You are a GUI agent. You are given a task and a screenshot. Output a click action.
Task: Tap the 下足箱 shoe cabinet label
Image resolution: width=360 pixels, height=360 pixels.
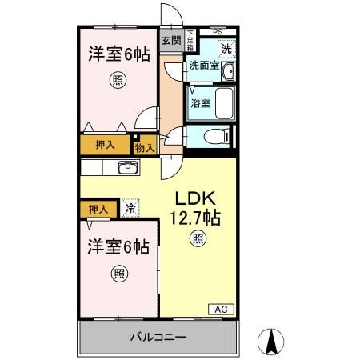coord(190,39)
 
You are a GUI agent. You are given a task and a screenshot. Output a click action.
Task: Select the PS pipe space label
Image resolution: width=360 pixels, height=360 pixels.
coord(218,31)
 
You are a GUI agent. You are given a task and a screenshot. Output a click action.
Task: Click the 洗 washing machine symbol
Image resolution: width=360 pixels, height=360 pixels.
coord(226,48)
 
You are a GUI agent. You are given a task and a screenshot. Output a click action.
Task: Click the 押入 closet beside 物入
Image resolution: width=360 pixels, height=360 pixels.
coord(105,146)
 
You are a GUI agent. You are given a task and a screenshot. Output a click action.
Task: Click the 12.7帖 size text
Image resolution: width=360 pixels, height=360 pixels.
coord(195,218)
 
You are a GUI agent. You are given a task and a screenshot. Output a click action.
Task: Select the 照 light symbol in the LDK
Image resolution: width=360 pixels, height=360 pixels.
coord(196,238)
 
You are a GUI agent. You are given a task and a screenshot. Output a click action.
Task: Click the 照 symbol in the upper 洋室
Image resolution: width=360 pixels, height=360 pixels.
coord(118,80)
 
